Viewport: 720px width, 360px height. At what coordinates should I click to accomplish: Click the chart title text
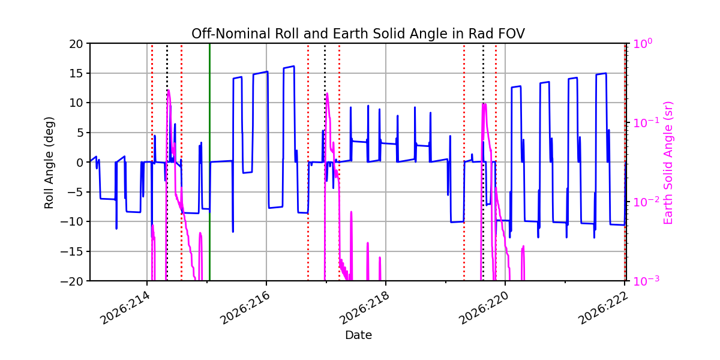(x=358, y=34)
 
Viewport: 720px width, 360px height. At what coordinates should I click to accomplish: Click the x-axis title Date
(x=358, y=335)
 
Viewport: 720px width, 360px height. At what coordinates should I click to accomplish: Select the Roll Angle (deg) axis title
(x=49, y=163)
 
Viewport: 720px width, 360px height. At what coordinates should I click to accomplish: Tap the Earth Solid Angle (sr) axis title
(x=668, y=163)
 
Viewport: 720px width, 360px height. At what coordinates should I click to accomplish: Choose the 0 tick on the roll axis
(x=79, y=163)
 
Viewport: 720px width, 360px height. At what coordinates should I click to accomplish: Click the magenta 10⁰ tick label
(x=643, y=43)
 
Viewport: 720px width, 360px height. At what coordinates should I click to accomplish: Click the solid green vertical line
(x=209, y=162)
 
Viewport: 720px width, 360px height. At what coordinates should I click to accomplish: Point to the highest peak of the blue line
(x=294, y=66)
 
